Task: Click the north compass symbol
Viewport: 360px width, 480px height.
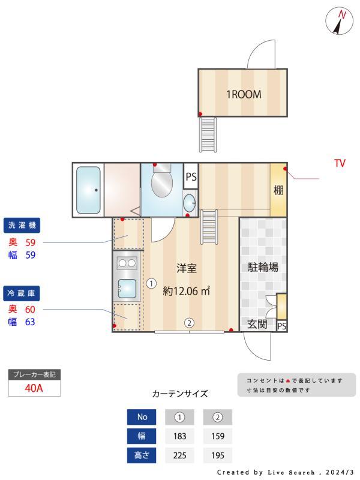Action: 340,21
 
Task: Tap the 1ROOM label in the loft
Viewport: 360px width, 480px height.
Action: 243,94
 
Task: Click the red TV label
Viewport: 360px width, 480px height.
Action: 340,163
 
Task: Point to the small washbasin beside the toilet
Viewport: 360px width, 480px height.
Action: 189,201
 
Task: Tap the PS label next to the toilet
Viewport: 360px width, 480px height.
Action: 191,177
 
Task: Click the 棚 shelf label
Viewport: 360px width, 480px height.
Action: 278,191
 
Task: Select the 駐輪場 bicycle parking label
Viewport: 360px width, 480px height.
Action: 263,268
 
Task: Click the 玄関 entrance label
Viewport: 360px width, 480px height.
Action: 257,325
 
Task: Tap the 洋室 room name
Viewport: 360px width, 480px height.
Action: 187,268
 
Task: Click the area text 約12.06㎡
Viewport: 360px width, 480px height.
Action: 187,292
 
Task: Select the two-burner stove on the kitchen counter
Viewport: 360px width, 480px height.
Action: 127,262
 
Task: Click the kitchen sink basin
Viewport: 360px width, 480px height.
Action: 128,289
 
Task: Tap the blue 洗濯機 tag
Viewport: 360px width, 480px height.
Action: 22,226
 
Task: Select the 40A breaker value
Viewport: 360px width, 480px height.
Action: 34,388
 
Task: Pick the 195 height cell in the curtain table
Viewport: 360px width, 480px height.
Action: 217,455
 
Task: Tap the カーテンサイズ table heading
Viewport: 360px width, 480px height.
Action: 179,394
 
